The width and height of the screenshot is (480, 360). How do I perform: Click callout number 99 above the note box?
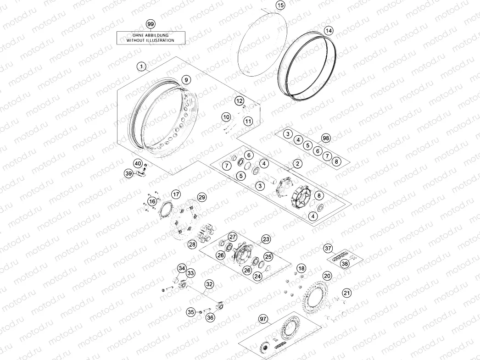151,24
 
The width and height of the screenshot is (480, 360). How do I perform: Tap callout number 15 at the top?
280,5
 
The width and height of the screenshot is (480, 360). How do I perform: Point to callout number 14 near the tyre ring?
329,31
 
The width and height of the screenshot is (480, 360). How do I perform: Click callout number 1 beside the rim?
141,66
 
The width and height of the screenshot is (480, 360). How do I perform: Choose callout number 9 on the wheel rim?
186,80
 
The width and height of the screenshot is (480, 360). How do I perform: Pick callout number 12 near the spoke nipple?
240,101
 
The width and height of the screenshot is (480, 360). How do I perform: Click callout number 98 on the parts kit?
326,138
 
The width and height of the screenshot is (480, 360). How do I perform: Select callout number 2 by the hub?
297,164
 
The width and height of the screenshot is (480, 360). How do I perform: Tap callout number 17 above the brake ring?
176,194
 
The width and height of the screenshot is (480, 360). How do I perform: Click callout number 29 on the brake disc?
202,197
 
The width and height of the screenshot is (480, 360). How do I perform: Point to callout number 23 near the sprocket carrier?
266,239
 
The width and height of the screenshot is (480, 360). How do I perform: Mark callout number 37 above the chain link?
328,249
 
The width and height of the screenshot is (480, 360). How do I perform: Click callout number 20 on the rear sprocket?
327,276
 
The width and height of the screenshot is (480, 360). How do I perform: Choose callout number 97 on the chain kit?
263,319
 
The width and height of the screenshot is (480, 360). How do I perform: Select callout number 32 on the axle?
209,284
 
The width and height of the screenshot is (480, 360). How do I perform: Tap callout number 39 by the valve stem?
129,173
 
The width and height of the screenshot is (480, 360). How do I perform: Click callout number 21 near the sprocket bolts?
346,293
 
